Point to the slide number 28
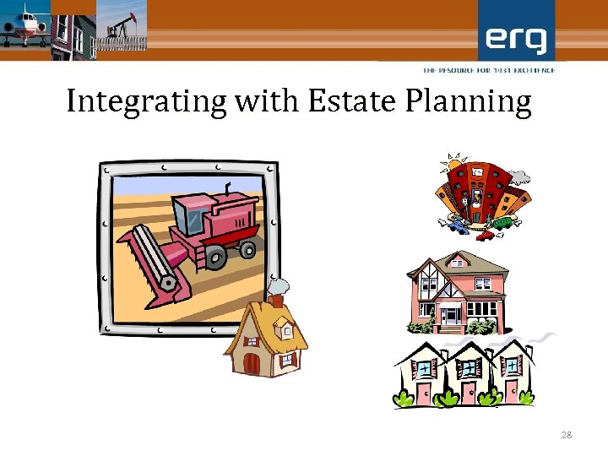pos(567,435)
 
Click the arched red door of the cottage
pos(252,364)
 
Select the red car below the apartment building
pos(484,235)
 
